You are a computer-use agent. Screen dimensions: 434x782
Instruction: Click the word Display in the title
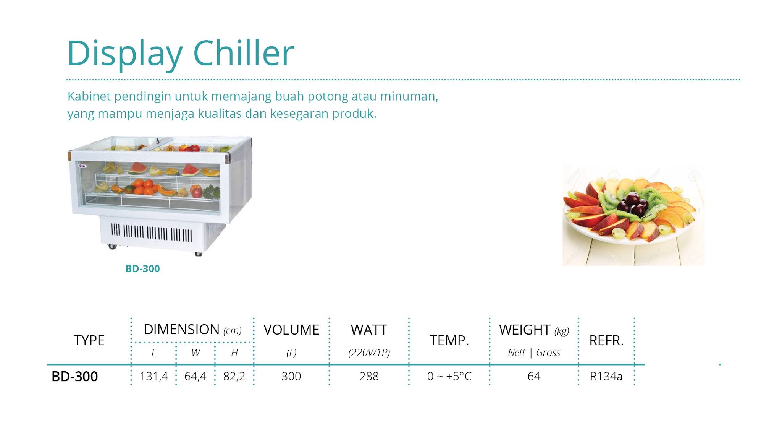click(x=124, y=54)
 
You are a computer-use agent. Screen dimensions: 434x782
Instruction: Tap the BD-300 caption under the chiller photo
click(x=142, y=269)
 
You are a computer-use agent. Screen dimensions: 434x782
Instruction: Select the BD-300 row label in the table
click(x=75, y=377)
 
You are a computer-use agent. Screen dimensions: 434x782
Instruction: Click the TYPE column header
click(x=89, y=340)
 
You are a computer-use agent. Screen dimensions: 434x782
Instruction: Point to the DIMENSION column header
click(x=181, y=330)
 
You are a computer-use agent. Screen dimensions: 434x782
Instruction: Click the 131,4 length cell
click(x=153, y=377)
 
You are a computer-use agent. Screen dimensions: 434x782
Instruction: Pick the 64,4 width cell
click(x=195, y=377)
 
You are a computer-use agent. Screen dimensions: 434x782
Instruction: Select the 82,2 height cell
click(x=234, y=377)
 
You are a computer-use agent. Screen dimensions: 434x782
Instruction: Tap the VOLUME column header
click(x=291, y=330)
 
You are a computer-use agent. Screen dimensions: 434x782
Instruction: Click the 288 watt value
click(x=369, y=377)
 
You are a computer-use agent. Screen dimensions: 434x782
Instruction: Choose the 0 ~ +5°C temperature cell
click(x=449, y=377)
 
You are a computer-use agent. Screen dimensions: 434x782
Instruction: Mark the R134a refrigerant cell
click(x=606, y=377)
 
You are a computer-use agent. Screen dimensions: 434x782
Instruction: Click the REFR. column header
click(x=606, y=340)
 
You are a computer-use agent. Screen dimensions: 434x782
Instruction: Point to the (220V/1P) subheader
click(x=369, y=353)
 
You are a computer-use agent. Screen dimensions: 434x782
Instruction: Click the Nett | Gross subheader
click(x=534, y=353)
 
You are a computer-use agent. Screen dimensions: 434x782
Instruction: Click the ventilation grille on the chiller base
click(x=152, y=232)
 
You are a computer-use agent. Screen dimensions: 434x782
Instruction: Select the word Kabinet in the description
click(x=89, y=96)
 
